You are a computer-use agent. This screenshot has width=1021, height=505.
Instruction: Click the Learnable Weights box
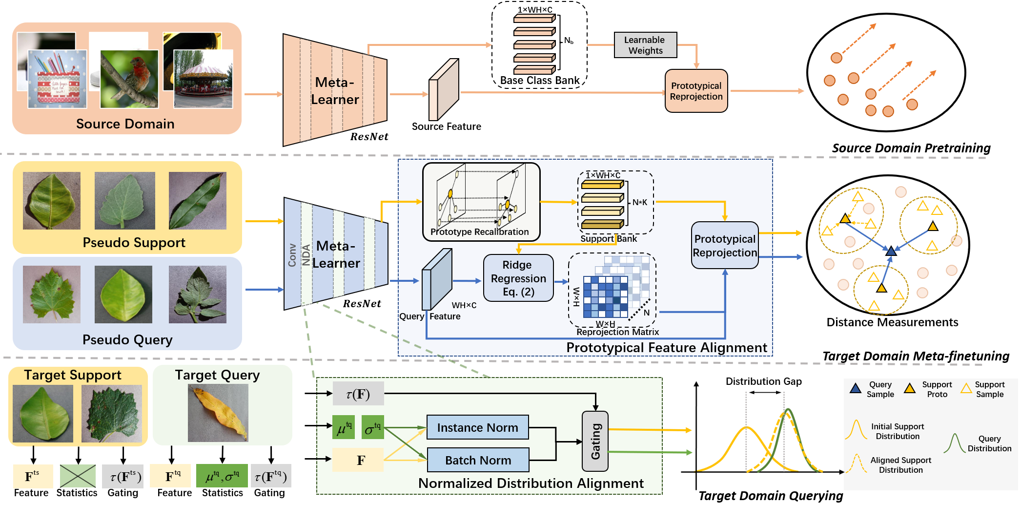(x=645, y=45)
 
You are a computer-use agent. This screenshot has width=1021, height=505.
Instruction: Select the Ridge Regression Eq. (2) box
(x=518, y=278)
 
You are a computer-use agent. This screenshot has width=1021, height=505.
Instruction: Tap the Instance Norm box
(x=477, y=427)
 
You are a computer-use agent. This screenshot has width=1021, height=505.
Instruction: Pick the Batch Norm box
(x=478, y=460)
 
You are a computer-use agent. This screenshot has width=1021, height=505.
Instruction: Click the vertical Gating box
(x=595, y=441)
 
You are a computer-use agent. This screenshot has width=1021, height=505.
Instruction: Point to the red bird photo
(x=129, y=79)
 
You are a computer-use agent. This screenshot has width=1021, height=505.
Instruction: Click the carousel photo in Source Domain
(x=203, y=79)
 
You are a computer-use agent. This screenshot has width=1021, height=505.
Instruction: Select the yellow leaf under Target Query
(x=218, y=413)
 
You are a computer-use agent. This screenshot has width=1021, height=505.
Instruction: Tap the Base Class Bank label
(x=539, y=81)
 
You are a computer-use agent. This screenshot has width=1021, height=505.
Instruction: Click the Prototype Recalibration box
(x=481, y=202)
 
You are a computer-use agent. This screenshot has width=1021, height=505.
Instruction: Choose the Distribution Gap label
(x=763, y=381)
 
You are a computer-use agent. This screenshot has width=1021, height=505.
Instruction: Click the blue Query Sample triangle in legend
(x=855, y=389)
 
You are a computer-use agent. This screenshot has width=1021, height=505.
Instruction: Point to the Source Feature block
(x=443, y=90)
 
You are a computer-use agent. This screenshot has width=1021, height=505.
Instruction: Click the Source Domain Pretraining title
(x=911, y=148)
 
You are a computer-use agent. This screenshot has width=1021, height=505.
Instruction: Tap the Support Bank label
(x=608, y=239)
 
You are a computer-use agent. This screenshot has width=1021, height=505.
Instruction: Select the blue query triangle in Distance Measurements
(x=891, y=251)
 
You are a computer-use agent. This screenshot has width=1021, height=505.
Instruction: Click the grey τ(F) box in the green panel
(x=358, y=394)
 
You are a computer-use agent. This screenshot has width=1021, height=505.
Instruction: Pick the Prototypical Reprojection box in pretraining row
(x=696, y=91)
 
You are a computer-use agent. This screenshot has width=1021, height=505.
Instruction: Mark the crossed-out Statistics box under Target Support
(x=78, y=476)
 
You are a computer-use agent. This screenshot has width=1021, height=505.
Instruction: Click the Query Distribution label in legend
(x=989, y=443)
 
